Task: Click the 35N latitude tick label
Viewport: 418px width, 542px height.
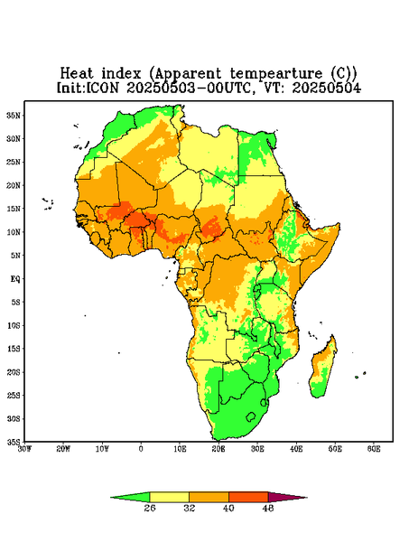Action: click(x=14, y=115)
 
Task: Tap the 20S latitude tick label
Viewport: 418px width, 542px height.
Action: click(x=14, y=372)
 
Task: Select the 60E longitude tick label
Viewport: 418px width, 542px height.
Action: click(x=374, y=449)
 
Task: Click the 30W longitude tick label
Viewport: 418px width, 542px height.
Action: click(x=24, y=449)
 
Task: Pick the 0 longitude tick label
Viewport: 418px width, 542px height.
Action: click(x=141, y=449)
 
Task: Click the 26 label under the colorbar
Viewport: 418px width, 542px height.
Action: click(x=150, y=508)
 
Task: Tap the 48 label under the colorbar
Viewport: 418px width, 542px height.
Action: click(x=268, y=508)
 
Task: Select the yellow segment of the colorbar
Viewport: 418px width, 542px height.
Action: click(x=169, y=497)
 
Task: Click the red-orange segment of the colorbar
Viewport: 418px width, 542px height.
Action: click(x=248, y=497)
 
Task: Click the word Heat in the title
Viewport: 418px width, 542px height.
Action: click(x=77, y=73)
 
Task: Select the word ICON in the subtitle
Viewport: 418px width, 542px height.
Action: click(x=102, y=88)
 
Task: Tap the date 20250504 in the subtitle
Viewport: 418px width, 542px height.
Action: click(x=327, y=88)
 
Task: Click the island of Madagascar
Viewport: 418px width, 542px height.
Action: click(x=323, y=369)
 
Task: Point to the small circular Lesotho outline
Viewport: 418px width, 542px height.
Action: click(x=251, y=416)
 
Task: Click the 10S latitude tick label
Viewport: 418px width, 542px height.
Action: click(x=14, y=325)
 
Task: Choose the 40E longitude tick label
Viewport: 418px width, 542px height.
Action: click(x=296, y=449)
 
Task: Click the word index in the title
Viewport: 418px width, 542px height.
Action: click(x=121, y=73)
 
